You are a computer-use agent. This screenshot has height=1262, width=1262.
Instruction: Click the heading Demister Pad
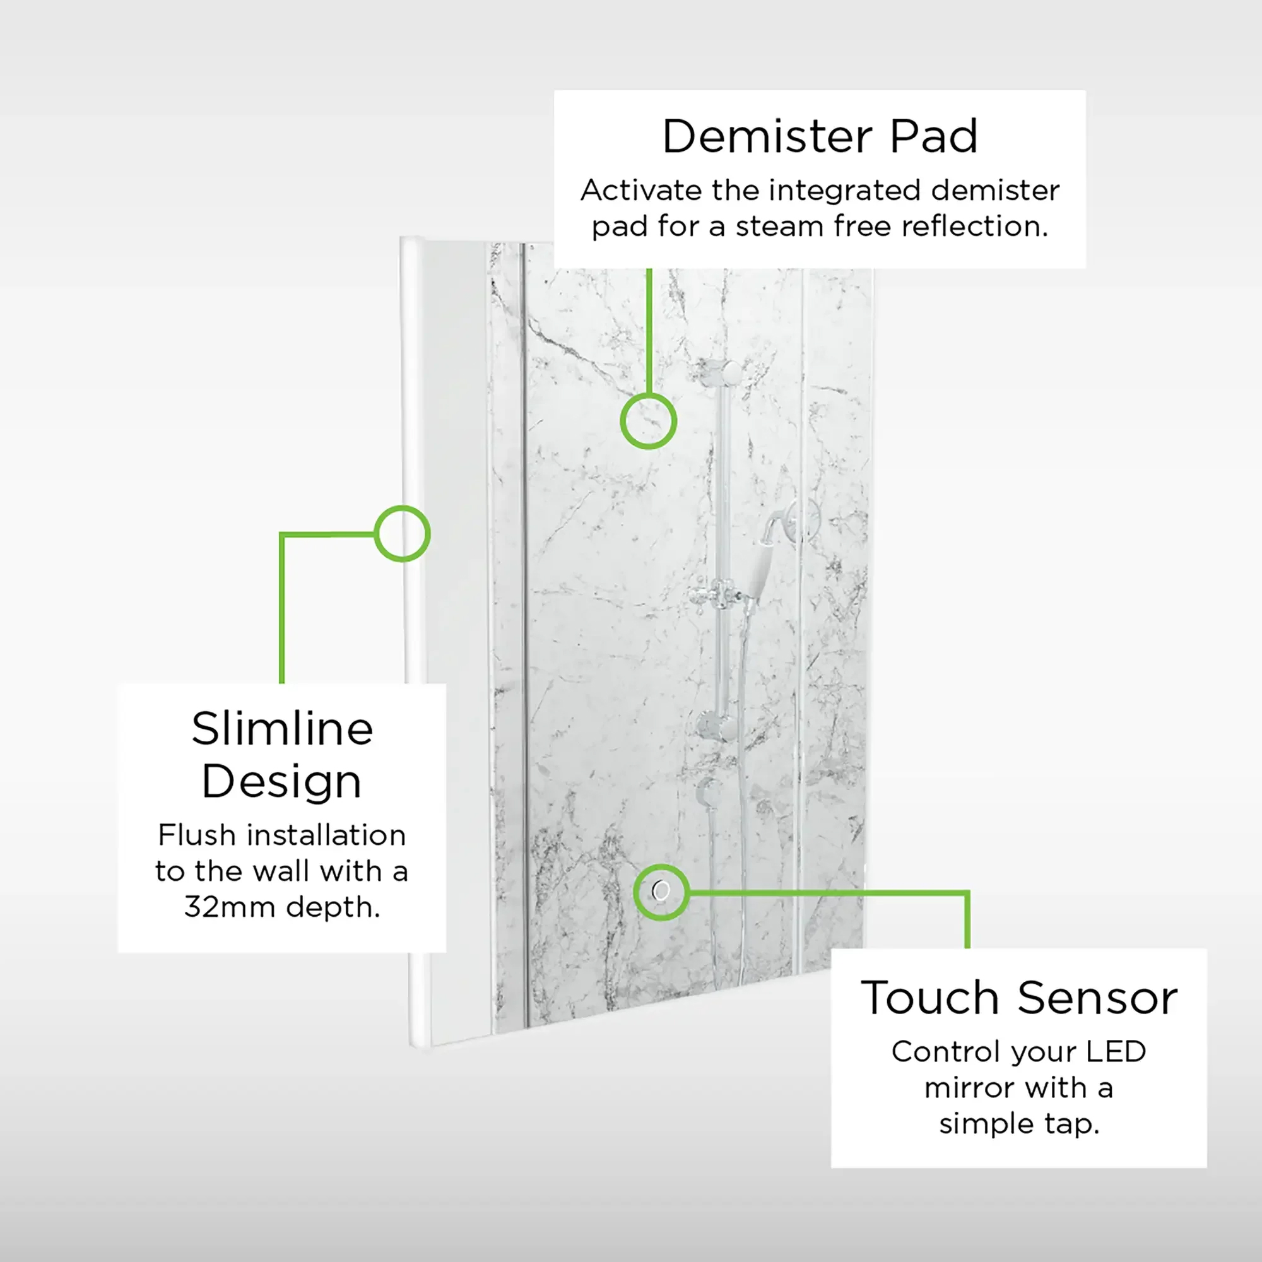pyautogui.click(x=820, y=136)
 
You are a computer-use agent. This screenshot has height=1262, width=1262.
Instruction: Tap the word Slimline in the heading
pyautogui.click(x=282, y=728)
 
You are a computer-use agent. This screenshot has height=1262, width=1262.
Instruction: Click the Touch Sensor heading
pyautogui.click(x=1019, y=998)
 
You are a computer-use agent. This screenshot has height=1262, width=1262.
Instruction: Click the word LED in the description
pyautogui.click(x=1116, y=1052)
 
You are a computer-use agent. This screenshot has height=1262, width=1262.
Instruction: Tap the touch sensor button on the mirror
pyautogui.click(x=661, y=890)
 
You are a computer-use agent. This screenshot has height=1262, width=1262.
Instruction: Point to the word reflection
pyautogui.click(x=975, y=227)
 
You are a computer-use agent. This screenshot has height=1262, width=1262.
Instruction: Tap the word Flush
pyautogui.click(x=197, y=835)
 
